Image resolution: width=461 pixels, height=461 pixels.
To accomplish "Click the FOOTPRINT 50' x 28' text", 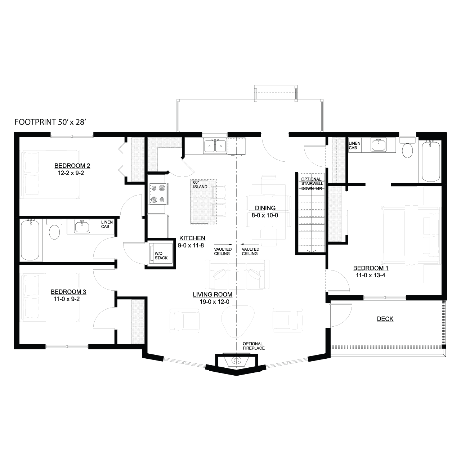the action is [50, 122].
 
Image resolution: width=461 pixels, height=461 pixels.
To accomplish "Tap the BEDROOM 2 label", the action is [72, 166].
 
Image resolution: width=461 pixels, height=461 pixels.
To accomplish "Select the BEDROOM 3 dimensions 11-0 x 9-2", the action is [67, 299].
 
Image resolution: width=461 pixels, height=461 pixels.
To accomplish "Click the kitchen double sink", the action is [215, 146].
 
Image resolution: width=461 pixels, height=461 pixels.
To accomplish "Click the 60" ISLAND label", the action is [200, 185].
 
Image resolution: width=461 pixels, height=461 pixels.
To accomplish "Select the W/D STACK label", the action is [161, 255].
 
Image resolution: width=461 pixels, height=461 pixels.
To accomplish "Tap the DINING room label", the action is [265, 208].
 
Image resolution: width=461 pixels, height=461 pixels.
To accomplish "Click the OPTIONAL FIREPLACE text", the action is [254, 346].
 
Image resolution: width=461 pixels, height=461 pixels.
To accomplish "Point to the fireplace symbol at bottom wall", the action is [236, 360].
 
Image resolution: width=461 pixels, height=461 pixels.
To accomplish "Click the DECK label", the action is [385, 319].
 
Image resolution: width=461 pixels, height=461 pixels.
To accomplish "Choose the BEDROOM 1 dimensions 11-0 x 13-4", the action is [371, 276].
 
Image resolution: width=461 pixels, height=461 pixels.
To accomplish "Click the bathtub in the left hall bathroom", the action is [30, 240].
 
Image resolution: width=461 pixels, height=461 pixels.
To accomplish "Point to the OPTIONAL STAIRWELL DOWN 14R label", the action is [312, 184].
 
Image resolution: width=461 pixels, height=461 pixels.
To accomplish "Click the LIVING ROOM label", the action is [212, 295].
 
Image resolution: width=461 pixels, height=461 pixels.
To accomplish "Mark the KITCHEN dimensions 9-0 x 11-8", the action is [191, 245].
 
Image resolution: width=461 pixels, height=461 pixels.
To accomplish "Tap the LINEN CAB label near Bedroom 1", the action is [354, 146].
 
